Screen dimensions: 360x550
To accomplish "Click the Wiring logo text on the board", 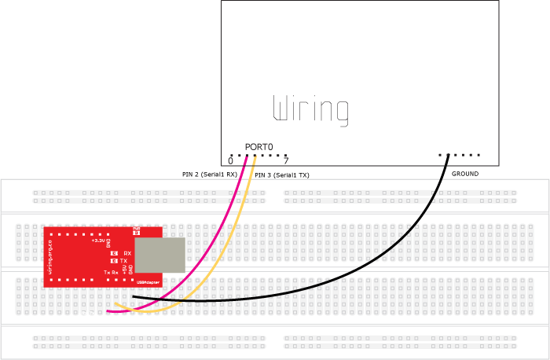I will pyautogui.click(x=310, y=110).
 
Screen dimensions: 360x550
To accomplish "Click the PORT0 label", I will pyautogui.click(x=258, y=147).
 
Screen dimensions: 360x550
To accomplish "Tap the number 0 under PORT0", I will pyautogui.click(x=230, y=161).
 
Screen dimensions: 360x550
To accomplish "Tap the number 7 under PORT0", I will pyautogui.click(x=286, y=161).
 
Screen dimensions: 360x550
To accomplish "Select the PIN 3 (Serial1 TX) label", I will pyautogui.click(x=282, y=176).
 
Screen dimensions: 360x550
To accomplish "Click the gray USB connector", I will pyautogui.click(x=160, y=255).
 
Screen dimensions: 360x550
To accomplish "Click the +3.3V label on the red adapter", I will pyautogui.click(x=98, y=241).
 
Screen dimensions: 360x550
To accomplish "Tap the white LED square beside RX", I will pyautogui.click(x=114, y=253).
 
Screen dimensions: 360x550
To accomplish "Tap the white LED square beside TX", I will pyautogui.click(x=114, y=260).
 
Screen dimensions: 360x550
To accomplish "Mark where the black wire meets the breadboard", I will pyautogui.click(x=134, y=296).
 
